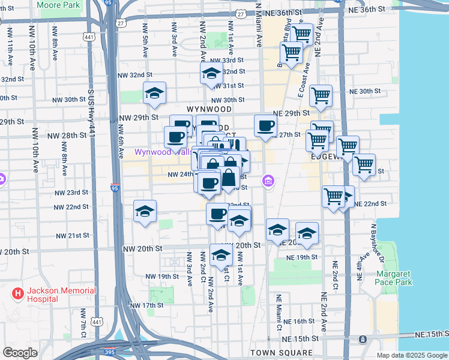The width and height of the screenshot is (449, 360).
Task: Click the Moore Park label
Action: [x=58, y=5]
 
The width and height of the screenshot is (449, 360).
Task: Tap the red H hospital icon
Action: [x=18, y=294]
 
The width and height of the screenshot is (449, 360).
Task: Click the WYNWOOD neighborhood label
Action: [x=208, y=109]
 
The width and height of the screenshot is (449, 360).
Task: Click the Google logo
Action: [x=20, y=352]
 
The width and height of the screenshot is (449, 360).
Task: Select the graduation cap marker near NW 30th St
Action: [x=154, y=93]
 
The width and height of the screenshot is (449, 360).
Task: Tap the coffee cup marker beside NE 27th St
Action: [x=265, y=126]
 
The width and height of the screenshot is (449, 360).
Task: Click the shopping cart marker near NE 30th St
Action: [x=321, y=95]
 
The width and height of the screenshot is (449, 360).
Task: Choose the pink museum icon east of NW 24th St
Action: [x=268, y=181]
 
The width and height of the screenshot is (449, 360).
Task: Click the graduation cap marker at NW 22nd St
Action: [x=145, y=211]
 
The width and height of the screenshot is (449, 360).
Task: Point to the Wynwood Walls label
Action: [x=155, y=152]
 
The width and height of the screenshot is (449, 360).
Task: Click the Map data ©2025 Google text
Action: [x=411, y=355]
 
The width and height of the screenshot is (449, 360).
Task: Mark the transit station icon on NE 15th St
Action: [x=363, y=340]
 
